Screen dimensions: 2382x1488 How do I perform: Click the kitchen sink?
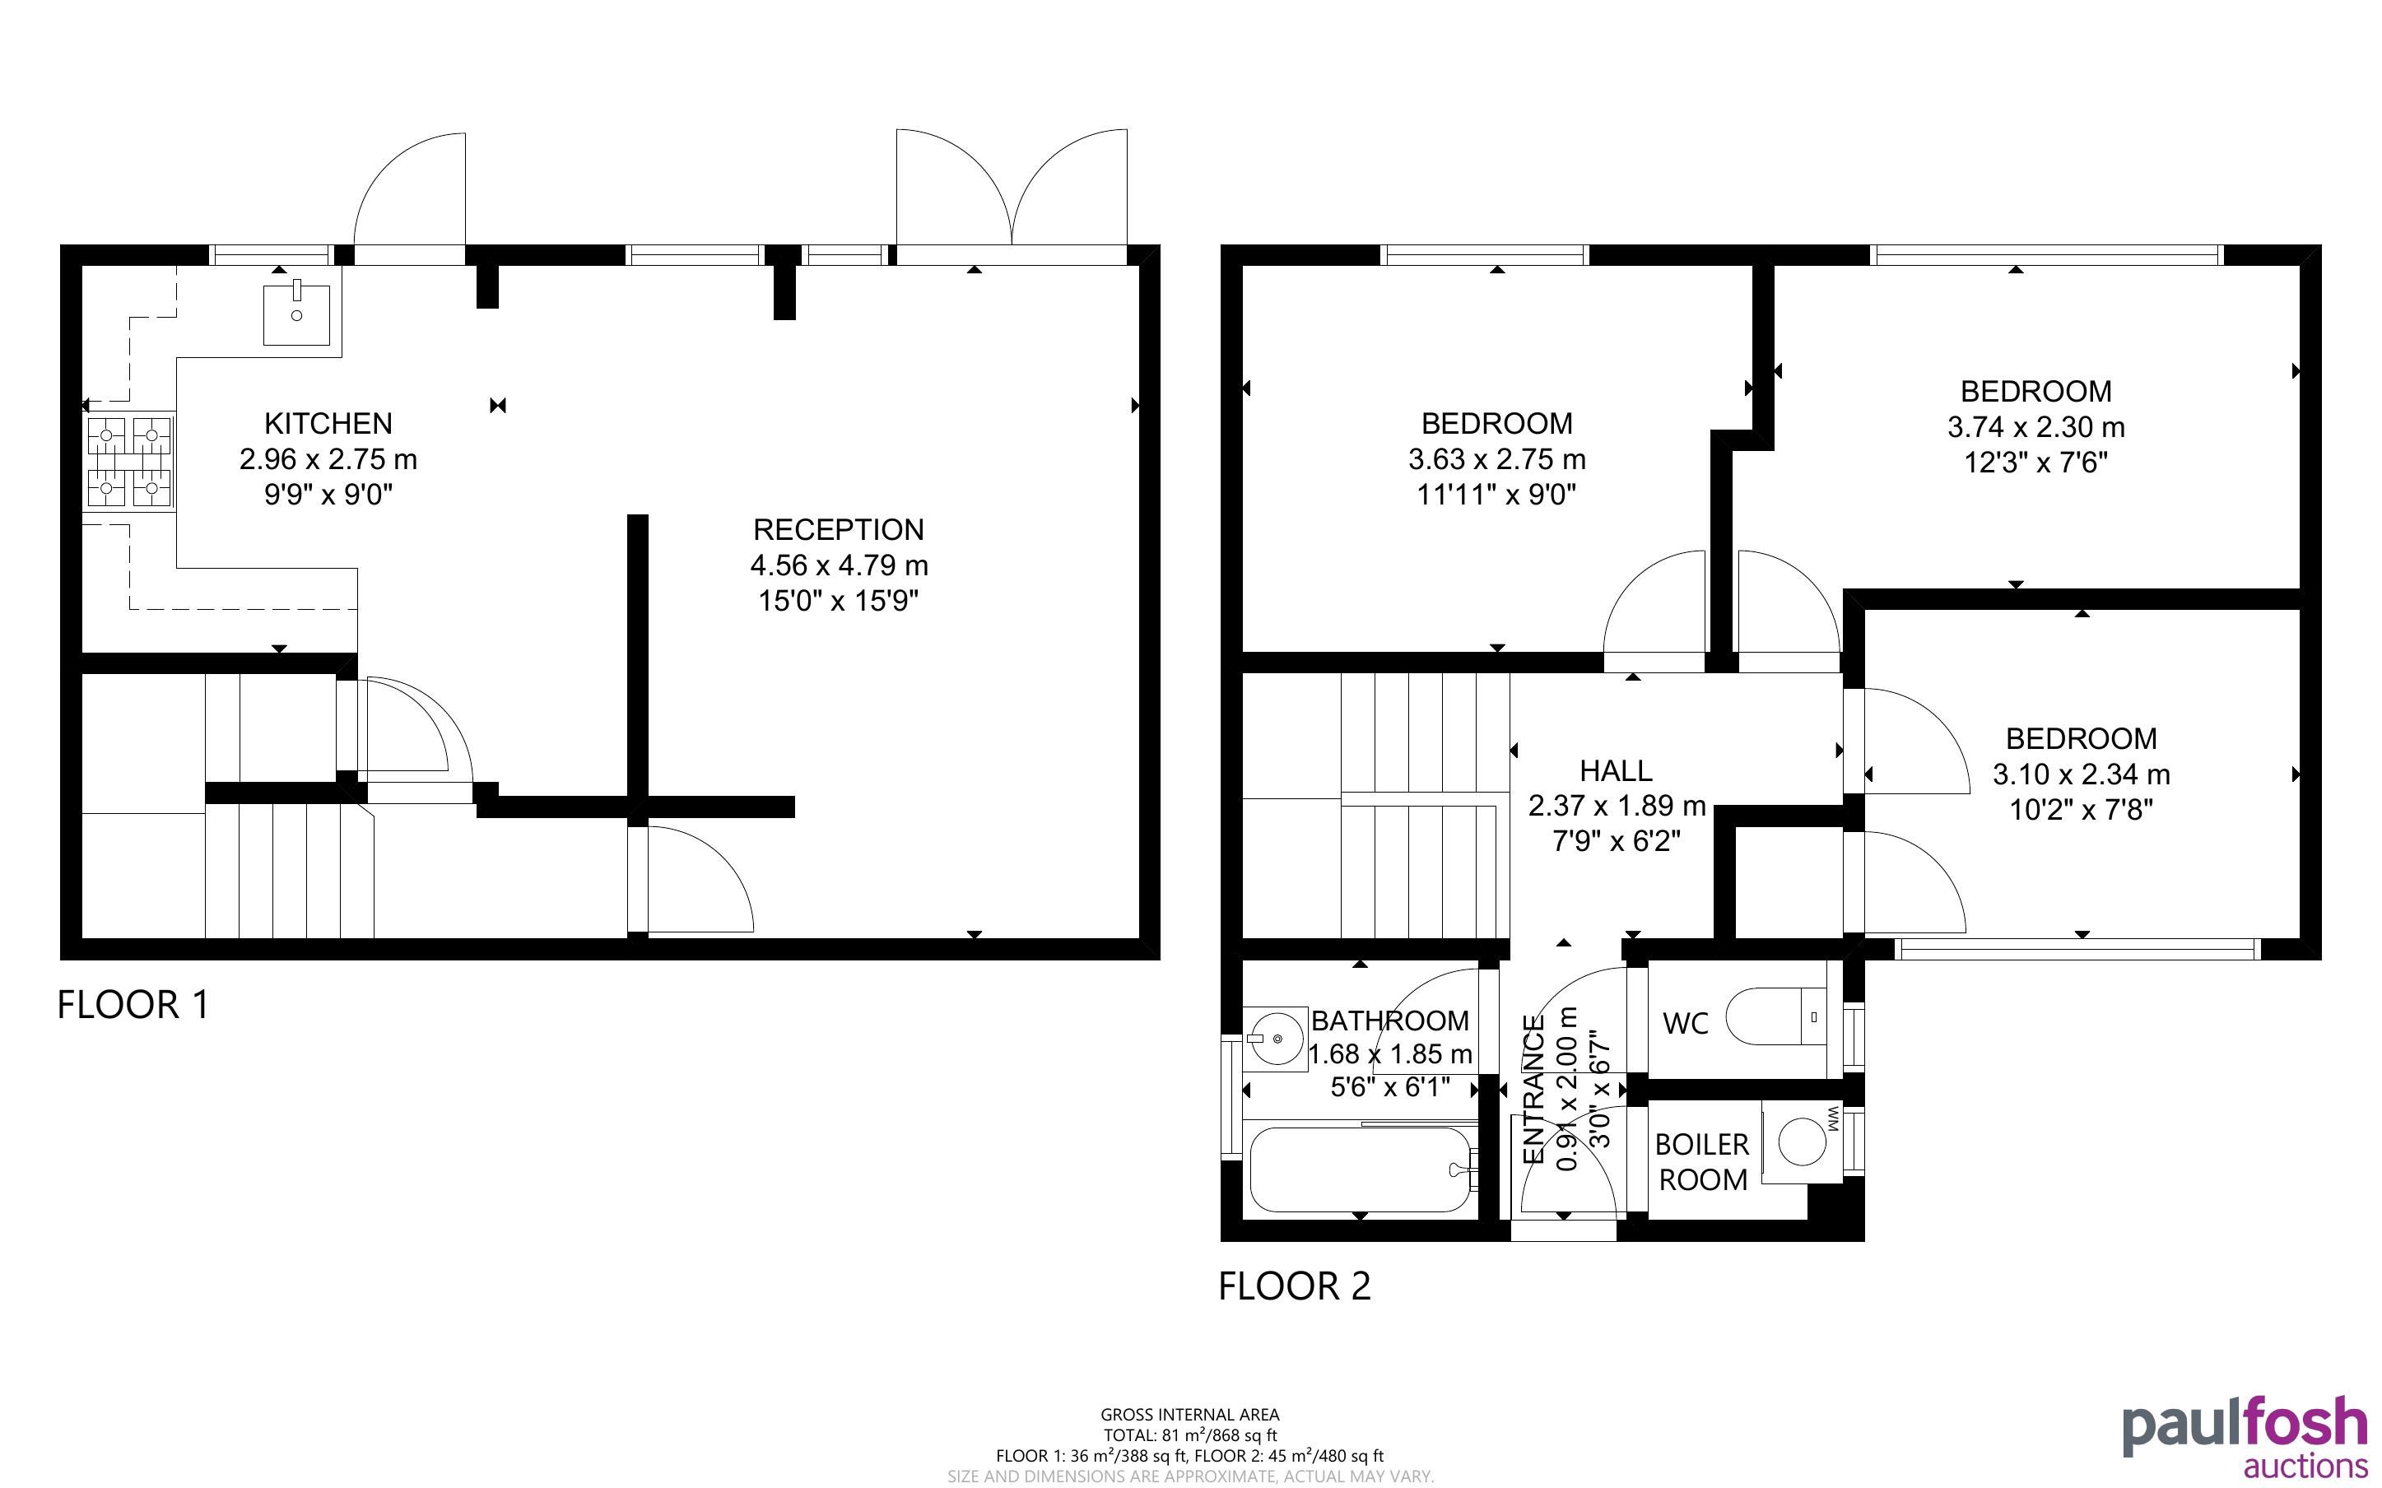[x=297, y=313]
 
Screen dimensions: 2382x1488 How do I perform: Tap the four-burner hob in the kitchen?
[x=130, y=462]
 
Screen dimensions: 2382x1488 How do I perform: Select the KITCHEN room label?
[x=328, y=423]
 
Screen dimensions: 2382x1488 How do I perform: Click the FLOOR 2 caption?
[x=1295, y=1286]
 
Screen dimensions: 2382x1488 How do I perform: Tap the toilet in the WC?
[x=1777, y=1016]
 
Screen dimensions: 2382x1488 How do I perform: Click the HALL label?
[x=1617, y=770]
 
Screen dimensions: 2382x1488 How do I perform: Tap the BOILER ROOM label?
[x=1702, y=1162]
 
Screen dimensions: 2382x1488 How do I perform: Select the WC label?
[x=1686, y=1024]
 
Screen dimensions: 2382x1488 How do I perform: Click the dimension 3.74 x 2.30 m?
[x=2036, y=427]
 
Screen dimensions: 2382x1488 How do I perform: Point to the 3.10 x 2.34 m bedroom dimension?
[x=2082, y=774]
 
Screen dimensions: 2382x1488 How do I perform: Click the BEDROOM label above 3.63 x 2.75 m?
[x=1497, y=423]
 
